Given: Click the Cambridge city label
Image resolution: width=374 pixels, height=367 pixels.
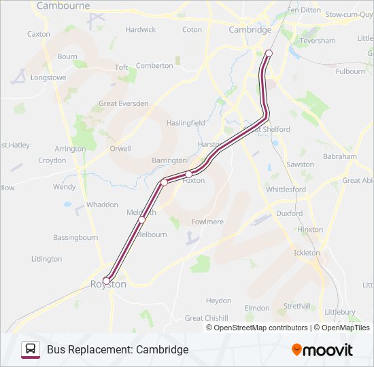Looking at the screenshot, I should pyautogui.click(x=250, y=30).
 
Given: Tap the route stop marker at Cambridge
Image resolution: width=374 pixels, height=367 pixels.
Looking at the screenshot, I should pyautogui.click(x=269, y=53).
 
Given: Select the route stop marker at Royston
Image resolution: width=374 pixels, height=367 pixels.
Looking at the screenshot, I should pyautogui.click(x=106, y=281).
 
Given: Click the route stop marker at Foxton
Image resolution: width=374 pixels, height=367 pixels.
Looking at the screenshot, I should pyautogui.click(x=188, y=175).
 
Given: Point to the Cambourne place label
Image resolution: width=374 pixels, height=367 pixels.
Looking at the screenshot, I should pyautogui.click(x=63, y=5).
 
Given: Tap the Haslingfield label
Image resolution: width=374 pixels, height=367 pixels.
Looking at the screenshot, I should pyautogui.click(x=186, y=123).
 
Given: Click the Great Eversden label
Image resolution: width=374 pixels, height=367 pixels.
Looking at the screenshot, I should pyautogui.click(x=124, y=104).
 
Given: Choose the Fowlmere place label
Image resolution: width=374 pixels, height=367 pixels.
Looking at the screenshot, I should pyautogui.click(x=207, y=222).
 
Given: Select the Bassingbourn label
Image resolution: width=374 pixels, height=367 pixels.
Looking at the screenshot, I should pyautogui.click(x=75, y=238).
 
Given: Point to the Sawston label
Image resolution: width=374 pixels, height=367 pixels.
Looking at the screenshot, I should pyautogui.click(x=300, y=164).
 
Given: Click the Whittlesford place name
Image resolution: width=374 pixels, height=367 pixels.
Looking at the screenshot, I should pyautogui.click(x=286, y=190).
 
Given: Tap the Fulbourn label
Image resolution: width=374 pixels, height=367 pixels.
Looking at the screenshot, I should pyautogui.click(x=350, y=71).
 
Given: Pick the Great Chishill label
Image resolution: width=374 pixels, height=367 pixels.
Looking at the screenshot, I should pyautogui.click(x=207, y=318).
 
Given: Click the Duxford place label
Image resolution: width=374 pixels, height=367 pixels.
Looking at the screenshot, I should pyautogui.click(x=289, y=213).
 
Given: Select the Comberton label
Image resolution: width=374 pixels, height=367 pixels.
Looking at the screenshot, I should pyautogui.click(x=154, y=66).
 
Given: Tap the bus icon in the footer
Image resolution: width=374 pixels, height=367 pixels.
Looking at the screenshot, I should pyautogui.click(x=31, y=349).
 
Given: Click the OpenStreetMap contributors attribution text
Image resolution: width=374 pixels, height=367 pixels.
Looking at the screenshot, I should pyautogui.click(x=260, y=328).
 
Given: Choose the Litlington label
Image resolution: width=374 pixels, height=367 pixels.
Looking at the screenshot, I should pyautogui.click(x=46, y=259).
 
